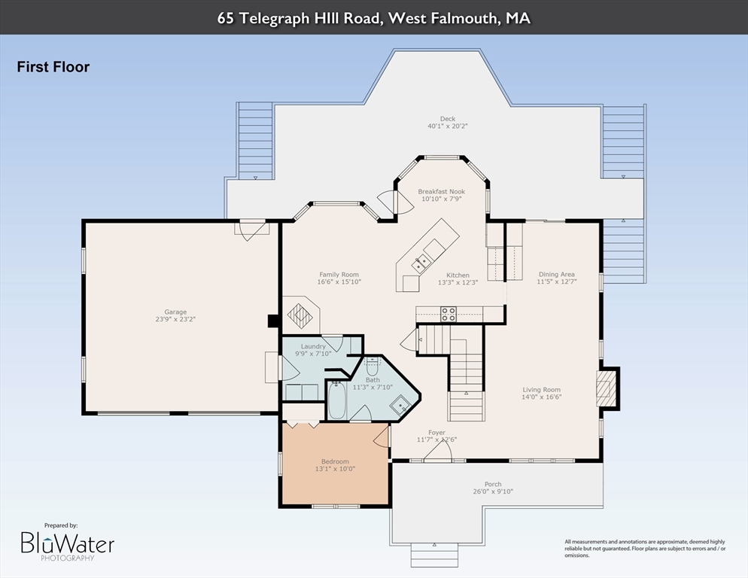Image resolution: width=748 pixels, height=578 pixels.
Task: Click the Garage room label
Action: (175, 312)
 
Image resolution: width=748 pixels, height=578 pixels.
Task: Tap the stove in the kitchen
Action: (448, 314)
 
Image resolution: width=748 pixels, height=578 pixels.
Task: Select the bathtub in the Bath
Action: (337, 400)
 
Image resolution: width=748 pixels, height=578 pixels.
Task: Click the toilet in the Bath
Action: (372, 367)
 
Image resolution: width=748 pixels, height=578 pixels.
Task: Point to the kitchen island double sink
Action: (421, 263)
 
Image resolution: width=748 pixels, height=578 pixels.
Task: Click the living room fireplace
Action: (604, 388)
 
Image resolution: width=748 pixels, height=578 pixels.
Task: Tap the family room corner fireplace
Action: (300, 315)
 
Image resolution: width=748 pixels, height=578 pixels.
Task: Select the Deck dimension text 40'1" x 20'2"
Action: (448, 126)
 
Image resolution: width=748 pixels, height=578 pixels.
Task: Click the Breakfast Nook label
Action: (441, 191)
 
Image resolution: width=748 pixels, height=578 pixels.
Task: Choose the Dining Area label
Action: (557, 274)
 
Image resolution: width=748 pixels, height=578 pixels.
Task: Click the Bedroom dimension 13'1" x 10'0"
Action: (335, 469)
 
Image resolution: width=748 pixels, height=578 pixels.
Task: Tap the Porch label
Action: (493, 484)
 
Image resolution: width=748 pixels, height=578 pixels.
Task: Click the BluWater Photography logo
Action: (67, 543)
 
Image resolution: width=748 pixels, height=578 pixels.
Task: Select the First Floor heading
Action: (53, 67)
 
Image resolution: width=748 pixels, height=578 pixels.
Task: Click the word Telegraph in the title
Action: (274, 19)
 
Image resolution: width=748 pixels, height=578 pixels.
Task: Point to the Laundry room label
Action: (313, 346)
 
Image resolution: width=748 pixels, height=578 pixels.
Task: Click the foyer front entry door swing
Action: (438, 450)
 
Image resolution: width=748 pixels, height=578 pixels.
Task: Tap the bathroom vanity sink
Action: (400, 406)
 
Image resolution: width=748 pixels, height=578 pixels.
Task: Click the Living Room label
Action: (542, 389)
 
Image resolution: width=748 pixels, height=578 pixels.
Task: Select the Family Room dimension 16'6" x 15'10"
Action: (339, 281)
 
